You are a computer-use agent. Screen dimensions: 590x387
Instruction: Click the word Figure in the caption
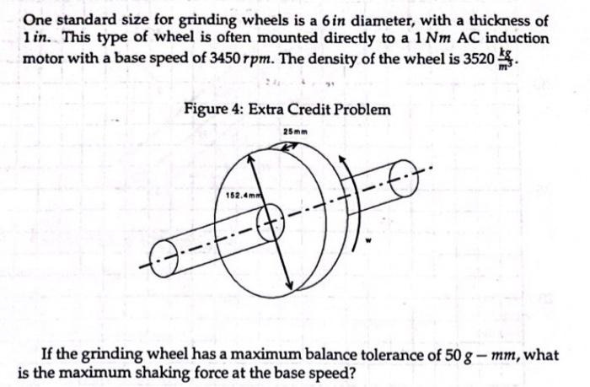[206, 110]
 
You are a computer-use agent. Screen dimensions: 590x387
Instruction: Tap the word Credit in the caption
[309, 110]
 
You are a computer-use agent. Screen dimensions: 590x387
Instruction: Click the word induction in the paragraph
[515, 40]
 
